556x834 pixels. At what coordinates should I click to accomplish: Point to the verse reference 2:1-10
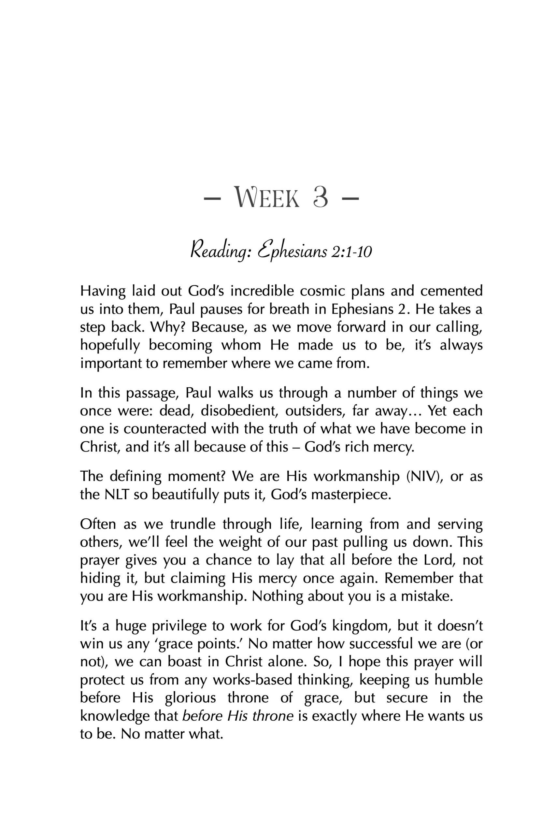(x=351, y=252)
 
